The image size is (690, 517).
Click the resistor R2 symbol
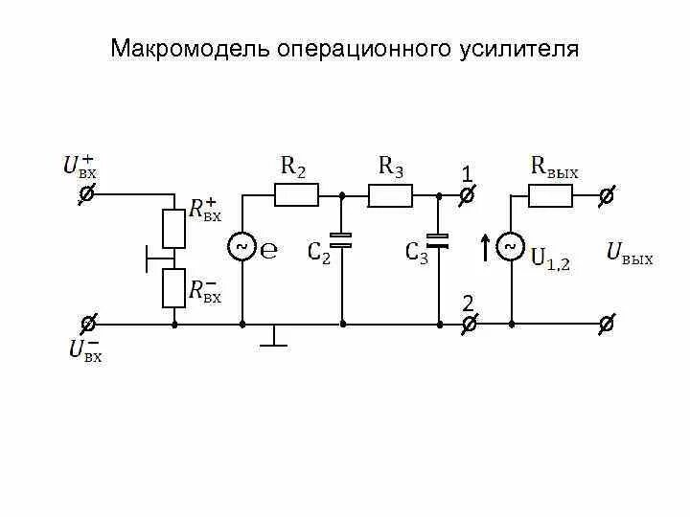tap(296, 196)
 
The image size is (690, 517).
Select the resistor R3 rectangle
tap(391, 196)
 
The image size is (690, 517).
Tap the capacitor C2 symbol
tap(342, 239)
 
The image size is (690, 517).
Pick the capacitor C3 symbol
tap(439, 239)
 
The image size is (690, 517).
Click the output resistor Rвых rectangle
tap(550, 196)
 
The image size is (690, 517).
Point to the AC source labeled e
tap(241, 248)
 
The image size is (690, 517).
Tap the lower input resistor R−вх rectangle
tap(173, 287)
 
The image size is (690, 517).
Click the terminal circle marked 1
tap(467, 196)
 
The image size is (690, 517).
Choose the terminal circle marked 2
tap(467, 325)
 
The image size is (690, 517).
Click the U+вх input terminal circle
tap(85, 195)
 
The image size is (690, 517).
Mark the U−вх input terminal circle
tap(85, 324)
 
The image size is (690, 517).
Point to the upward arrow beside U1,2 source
tap(486, 248)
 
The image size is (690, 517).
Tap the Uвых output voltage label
tap(630, 254)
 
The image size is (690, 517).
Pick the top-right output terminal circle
tap(606, 196)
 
